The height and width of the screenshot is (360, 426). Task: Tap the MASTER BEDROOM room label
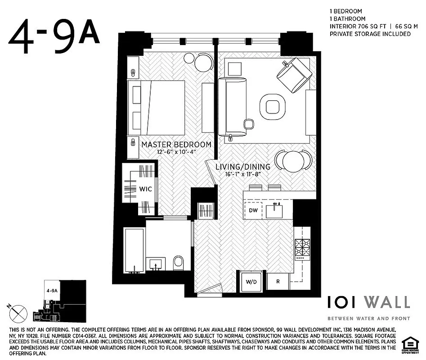(176, 145)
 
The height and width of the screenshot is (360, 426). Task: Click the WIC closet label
(145, 189)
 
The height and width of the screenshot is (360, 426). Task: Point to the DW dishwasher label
(253, 210)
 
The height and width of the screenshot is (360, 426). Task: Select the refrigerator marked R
(278, 282)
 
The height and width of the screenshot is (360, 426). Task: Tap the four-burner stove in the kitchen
(302, 249)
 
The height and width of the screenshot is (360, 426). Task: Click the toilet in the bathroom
(179, 263)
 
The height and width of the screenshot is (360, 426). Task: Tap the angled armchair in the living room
(294, 74)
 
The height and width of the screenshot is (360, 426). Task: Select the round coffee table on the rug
(272, 107)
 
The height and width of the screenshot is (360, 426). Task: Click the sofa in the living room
(232, 107)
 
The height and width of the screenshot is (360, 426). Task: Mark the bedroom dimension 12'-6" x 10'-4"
(176, 153)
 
